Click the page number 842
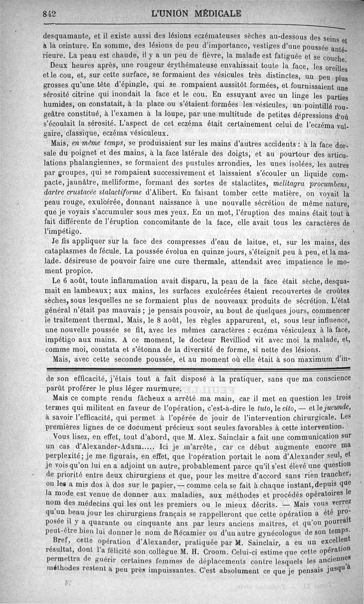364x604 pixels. click(x=49, y=14)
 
